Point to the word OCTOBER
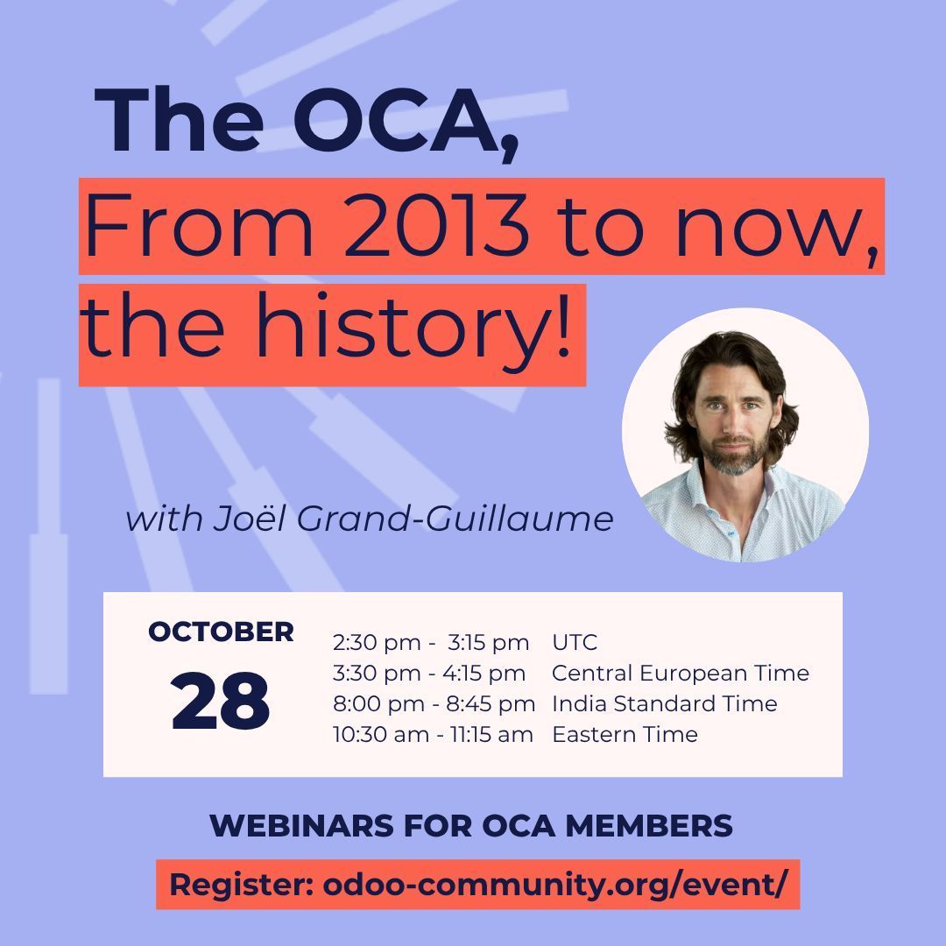click(x=221, y=631)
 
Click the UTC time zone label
click(x=575, y=642)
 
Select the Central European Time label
click(x=681, y=673)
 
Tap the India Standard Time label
click(x=665, y=703)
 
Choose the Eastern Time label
click(x=625, y=734)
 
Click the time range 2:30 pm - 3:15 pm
click(x=431, y=642)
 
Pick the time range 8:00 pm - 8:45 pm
click(x=434, y=703)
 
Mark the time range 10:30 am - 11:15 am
click(x=433, y=734)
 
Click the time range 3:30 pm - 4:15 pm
click(x=429, y=673)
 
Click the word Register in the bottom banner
click(x=241, y=884)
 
